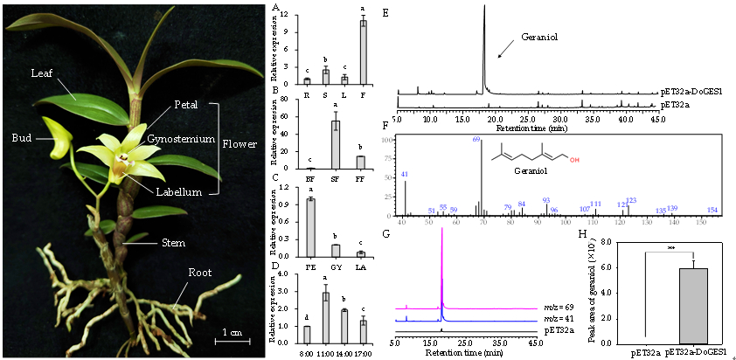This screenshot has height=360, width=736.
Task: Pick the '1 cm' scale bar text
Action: [230, 332]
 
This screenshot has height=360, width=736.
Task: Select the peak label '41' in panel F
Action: [405, 174]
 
